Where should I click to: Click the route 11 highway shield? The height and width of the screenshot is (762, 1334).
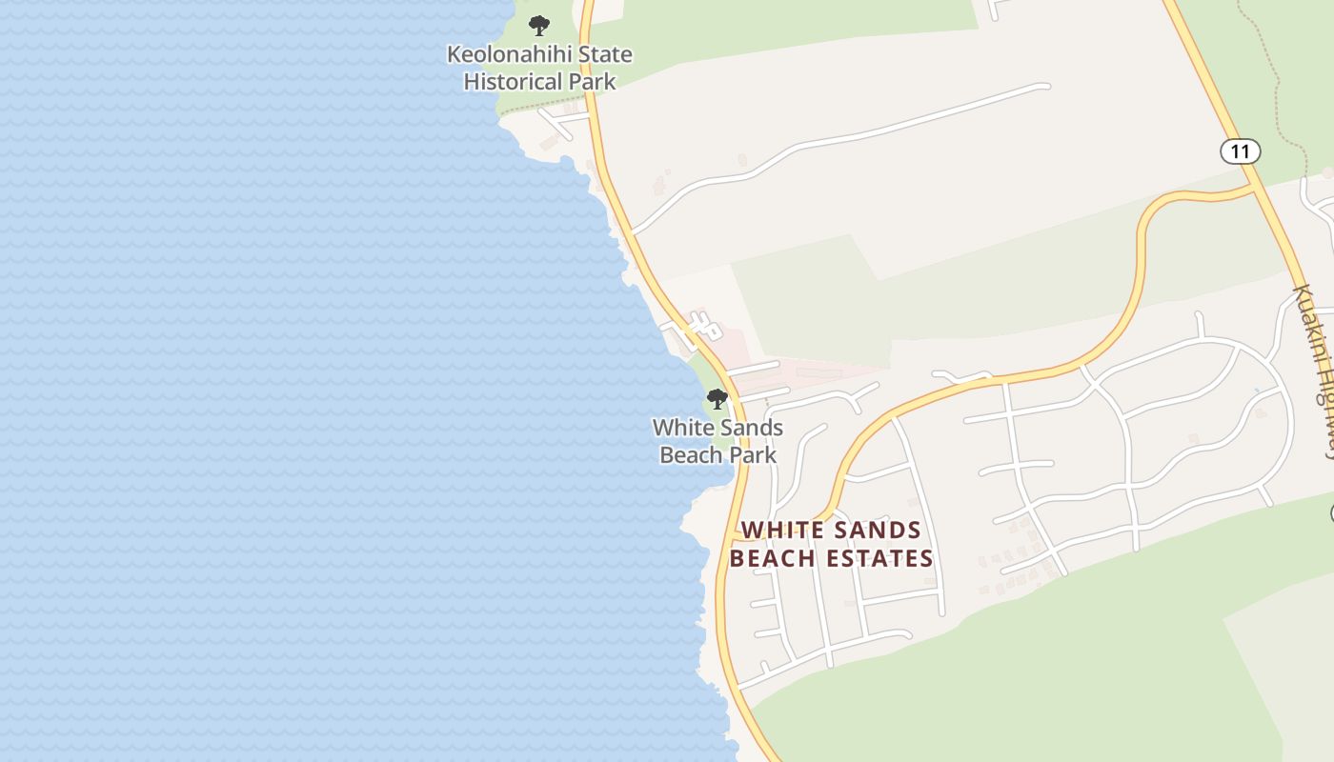tap(1240, 151)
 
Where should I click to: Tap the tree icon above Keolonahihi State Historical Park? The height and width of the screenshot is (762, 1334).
tap(539, 26)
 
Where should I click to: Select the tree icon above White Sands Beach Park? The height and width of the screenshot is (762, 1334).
tap(718, 399)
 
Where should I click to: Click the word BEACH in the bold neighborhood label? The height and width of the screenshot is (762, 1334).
tap(771, 559)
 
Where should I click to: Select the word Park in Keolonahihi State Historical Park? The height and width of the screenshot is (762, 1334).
tap(593, 82)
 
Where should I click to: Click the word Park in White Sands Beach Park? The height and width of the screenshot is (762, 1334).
tap(755, 455)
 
